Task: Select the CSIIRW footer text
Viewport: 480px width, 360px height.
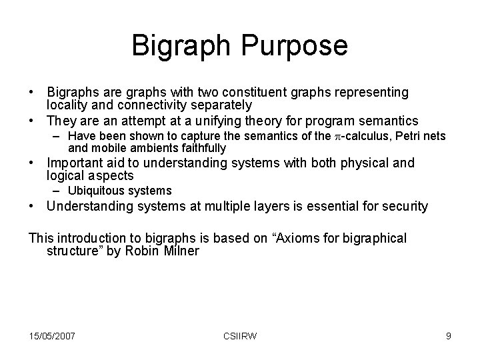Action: pyautogui.click(x=240, y=335)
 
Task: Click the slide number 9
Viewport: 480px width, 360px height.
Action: pyautogui.click(x=448, y=335)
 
